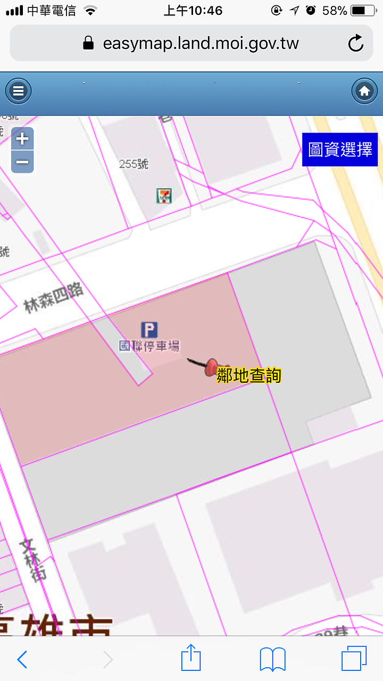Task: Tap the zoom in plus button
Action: click(22, 139)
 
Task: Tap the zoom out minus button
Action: click(22, 162)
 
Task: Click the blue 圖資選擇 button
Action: click(340, 149)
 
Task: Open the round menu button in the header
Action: click(19, 91)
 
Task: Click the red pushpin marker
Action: click(212, 366)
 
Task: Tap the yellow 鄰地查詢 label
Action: click(248, 375)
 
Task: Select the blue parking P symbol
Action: click(149, 330)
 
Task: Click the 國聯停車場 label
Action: click(149, 346)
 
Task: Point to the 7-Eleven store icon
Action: click(164, 196)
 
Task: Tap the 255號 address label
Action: click(134, 164)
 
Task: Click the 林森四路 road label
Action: click(53, 297)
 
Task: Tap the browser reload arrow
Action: click(355, 43)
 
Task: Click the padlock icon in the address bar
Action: click(89, 43)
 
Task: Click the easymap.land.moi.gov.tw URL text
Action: click(201, 43)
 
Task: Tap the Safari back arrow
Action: click(22, 660)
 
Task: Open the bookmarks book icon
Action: click(273, 660)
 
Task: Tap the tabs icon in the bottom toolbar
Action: click(354, 660)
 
